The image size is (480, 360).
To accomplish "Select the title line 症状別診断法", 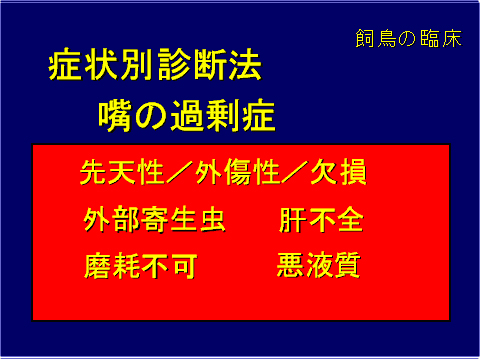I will point(155,67).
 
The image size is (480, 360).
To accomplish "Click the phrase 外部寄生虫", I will point(155,220).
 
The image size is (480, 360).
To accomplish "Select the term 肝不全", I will point(321,220).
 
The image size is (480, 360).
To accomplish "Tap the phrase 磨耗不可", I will point(141,266).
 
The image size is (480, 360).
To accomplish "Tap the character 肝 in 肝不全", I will point(292,220).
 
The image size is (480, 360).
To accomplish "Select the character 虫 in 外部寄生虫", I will point(212,220).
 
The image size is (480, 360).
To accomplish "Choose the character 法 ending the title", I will point(245,67).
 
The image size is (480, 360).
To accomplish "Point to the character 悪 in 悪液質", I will point(292,266).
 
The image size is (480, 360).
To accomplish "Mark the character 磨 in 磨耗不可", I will point(99,266).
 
